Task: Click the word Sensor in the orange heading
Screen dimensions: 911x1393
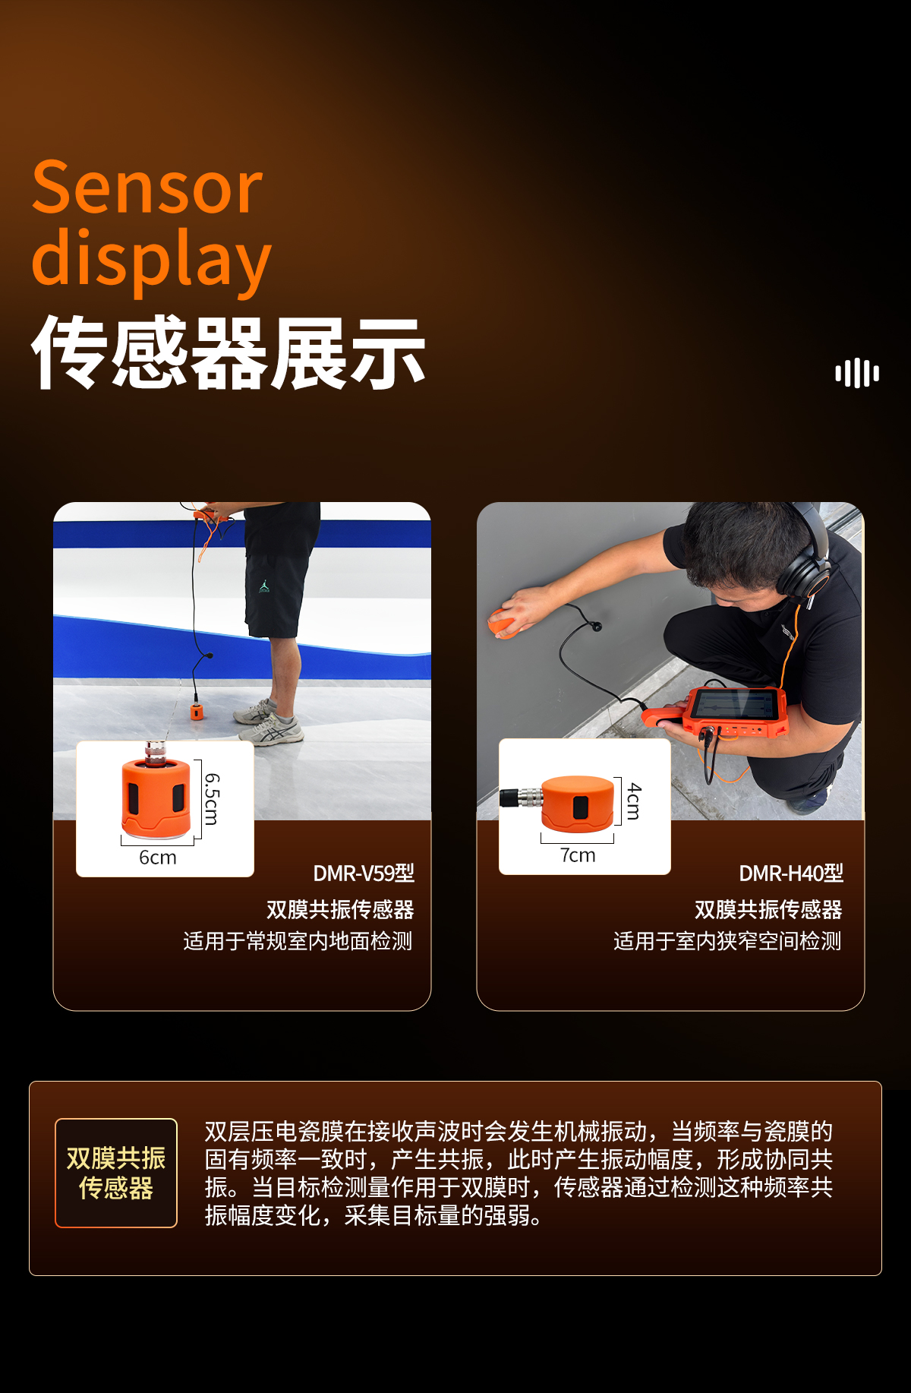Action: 147,188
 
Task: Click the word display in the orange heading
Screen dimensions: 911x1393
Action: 151,259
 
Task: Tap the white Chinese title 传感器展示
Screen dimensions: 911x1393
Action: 228,352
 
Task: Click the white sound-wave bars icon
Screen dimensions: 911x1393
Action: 857,373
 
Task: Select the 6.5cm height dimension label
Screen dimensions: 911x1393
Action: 213,798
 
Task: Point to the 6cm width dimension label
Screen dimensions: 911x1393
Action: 158,858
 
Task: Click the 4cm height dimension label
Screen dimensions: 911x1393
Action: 634,801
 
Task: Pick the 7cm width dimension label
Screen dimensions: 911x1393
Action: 578,855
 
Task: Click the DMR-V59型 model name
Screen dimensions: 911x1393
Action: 364,873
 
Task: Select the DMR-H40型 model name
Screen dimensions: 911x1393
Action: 791,873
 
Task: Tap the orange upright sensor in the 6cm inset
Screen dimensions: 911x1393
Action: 156,792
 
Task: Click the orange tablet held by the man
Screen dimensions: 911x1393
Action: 733,713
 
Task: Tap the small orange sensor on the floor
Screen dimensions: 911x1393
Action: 197,712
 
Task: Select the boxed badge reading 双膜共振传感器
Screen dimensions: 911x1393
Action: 116,1173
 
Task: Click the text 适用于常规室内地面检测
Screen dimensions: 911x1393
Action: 298,942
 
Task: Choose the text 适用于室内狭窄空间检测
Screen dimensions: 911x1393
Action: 728,942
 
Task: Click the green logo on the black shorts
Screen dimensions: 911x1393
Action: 264,587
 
